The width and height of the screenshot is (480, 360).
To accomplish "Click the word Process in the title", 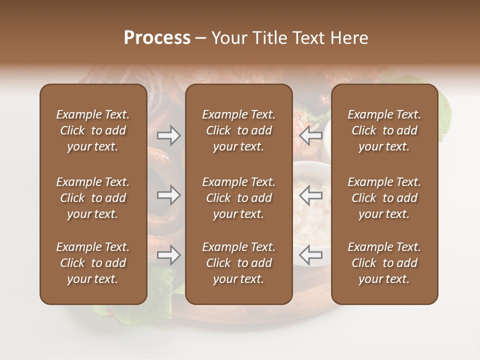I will tap(157, 38).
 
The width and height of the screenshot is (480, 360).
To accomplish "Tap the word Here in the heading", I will tap(348, 38).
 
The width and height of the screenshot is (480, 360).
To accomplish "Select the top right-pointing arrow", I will tap(168, 135).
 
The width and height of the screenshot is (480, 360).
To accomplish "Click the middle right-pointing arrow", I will tap(168, 195).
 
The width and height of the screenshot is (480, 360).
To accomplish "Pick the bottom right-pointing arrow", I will tap(168, 255).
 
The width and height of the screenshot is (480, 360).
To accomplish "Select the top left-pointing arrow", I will tap(311, 135).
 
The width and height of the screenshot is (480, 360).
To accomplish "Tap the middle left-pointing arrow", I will tap(311, 195).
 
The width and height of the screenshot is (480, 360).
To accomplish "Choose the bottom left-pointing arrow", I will tap(311, 255).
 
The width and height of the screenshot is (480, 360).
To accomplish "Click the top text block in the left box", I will tap(93, 130).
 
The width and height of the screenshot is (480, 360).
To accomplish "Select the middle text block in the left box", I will tap(93, 198).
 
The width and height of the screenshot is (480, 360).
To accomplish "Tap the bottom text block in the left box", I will tap(93, 263).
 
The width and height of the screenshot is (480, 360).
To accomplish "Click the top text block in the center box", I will tap(239, 130).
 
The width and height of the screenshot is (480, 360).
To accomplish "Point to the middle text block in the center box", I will tap(239, 198).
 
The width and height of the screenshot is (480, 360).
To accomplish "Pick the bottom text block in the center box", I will tap(239, 263).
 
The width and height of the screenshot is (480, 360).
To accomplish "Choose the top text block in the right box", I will tap(384, 130).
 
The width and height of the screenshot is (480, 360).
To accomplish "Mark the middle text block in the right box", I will tap(384, 198).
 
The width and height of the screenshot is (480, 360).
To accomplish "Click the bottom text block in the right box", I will tap(384, 263).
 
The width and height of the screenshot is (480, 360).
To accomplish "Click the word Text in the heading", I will tap(307, 38).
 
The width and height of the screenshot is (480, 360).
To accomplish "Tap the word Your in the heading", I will tap(228, 38).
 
